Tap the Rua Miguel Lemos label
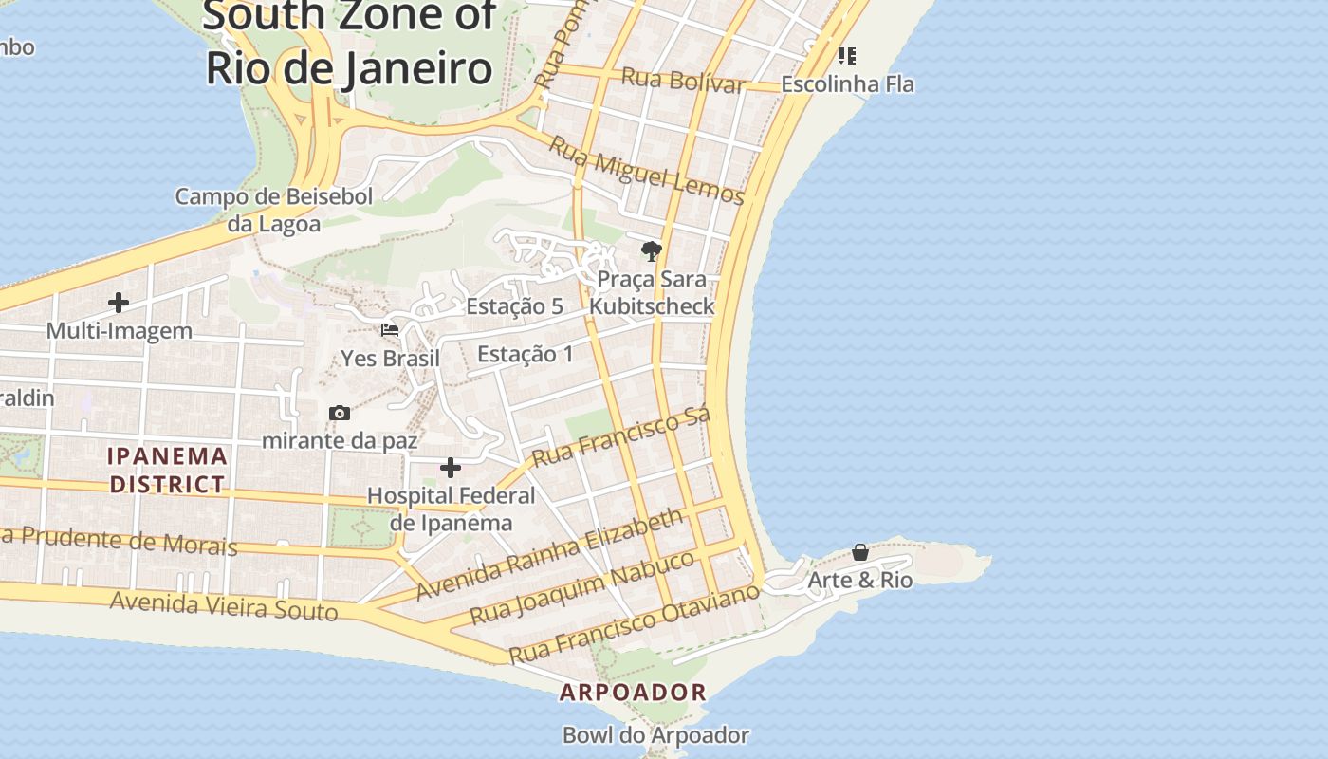(x=647, y=171)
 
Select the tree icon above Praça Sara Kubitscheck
(x=651, y=251)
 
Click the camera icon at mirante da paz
(x=340, y=413)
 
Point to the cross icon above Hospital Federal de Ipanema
(x=451, y=468)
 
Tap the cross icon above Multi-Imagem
(x=119, y=303)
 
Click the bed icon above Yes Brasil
(x=390, y=330)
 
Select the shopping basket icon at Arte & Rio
(x=860, y=552)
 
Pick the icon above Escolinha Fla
(x=847, y=56)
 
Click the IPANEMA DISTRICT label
(x=168, y=471)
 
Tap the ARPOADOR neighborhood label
(x=633, y=693)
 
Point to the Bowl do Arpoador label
(x=655, y=735)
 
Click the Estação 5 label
(x=514, y=306)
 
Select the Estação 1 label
(x=526, y=355)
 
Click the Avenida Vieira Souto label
(x=224, y=605)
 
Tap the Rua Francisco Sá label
(x=621, y=438)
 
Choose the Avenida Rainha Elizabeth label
(x=550, y=553)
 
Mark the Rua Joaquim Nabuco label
(x=582, y=586)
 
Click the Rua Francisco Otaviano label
(x=635, y=623)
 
